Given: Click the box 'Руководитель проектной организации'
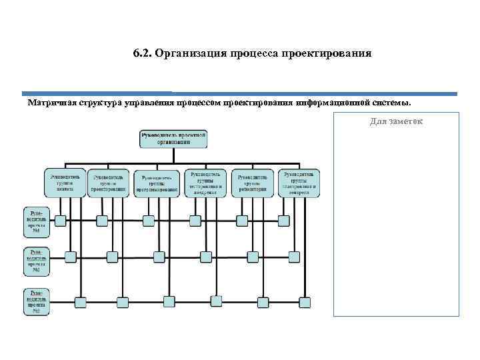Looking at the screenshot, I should coord(173,138).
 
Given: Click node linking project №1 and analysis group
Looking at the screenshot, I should coord(60,221).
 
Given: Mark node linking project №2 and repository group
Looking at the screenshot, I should coord(253,256).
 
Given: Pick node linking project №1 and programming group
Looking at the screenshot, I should coord(148,221).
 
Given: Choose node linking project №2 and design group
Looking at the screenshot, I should coord(112,256).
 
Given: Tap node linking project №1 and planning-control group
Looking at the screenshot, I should coord(283,221).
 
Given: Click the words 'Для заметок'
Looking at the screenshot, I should coord(397,121).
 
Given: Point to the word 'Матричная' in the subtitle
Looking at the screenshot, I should coord(52,103).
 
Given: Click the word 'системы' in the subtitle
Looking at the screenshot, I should coord(393,103).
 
